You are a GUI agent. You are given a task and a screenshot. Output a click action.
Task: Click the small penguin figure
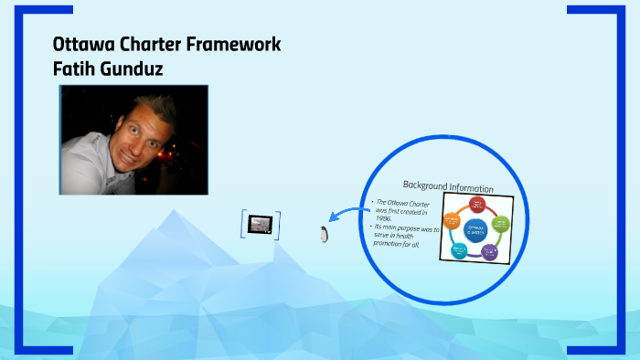click(323, 233)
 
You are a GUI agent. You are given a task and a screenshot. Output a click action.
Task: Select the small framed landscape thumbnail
click(261, 224)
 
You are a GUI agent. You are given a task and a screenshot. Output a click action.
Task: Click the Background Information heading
click(447, 187)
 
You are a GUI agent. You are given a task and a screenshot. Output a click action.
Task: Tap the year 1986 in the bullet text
click(384, 218)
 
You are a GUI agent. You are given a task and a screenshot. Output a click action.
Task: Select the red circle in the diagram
click(476, 205)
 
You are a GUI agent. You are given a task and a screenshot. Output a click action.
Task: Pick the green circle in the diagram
click(499, 222)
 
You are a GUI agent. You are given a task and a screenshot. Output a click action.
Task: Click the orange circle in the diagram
click(452, 220)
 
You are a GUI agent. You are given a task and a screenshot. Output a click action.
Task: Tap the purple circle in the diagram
click(490, 251)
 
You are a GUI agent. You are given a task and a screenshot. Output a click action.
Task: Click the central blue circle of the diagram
click(475, 229)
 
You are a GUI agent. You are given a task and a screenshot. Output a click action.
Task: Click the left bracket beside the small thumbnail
click(244, 224)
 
